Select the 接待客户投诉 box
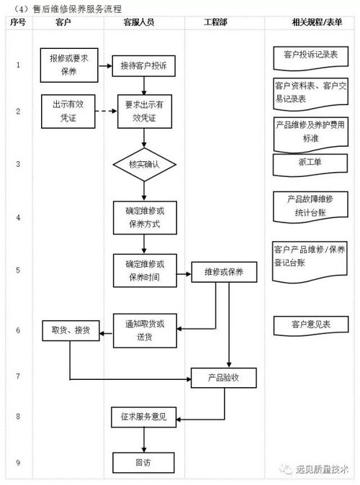[144, 66]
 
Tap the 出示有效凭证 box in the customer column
[68, 110]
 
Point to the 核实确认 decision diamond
[144, 164]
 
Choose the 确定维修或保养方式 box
[144, 217]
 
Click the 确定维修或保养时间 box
[144, 271]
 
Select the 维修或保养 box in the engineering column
[224, 273]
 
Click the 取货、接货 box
[70, 330]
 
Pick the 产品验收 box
[224, 377]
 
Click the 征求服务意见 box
[144, 417]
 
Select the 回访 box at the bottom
[144, 461]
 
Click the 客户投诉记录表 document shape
[311, 55]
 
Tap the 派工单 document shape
[311, 163]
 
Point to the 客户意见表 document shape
[311, 325]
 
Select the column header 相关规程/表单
[311, 23]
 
